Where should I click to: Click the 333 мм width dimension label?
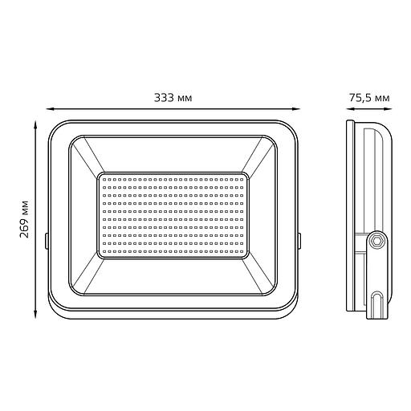tap(174, 97)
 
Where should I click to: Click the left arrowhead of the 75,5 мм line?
tap(348, 108)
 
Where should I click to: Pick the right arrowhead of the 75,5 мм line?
tap(393, 108)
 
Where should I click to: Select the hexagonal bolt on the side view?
tap(376, 238)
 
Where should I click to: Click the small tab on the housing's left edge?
tap(47, 239)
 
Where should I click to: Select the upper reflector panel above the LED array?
tap(173, 153)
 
